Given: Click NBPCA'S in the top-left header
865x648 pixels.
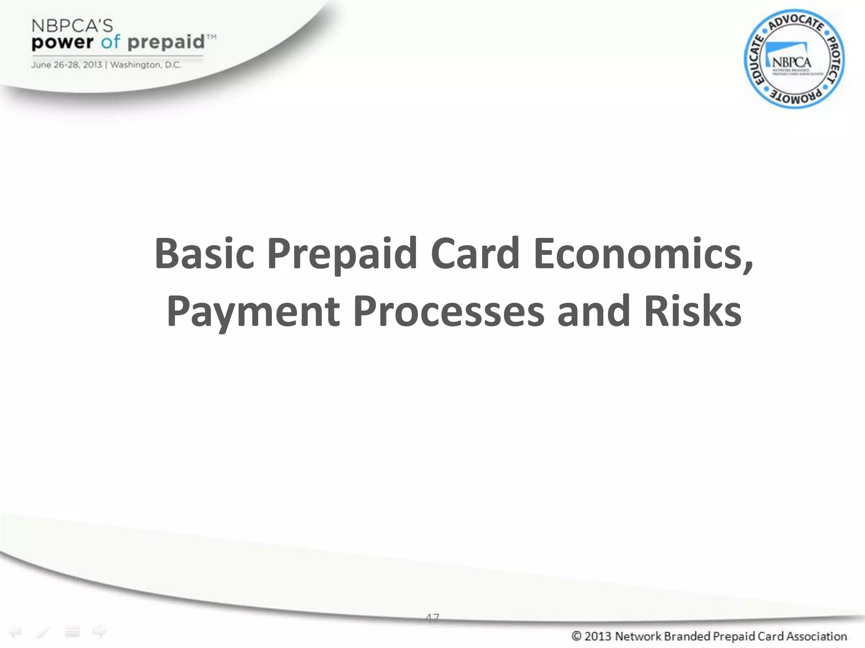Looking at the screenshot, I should [x=72, y=26].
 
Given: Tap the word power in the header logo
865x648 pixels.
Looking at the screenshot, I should [x=63, y=43].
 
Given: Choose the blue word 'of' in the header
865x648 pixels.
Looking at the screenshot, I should [x=111, y=42].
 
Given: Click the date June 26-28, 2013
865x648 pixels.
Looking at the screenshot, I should [x=66, y=65].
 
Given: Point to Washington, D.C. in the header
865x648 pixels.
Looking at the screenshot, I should [x=146, y=65].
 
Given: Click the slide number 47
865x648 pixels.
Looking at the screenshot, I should [x=432, y=618].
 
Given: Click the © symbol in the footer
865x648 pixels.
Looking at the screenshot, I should [x=576, y=636].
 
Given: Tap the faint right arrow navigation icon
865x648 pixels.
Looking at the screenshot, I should [x=100, y=632].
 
